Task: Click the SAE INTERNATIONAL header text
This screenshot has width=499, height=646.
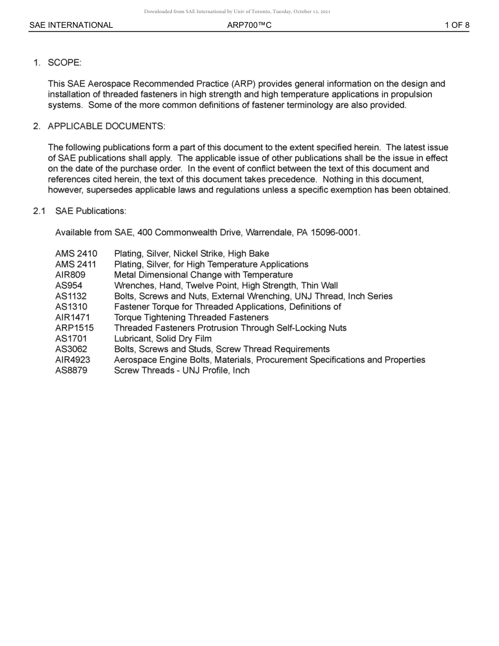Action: click(x=71, y=25)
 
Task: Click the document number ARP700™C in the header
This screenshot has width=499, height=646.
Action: click(x=250, y=25)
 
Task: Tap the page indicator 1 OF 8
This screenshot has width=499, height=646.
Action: click(x=456, y=25)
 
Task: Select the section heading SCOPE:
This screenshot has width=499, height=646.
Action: click(x=65, y=63)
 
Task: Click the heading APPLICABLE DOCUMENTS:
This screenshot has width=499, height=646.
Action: click(x=106, y=127)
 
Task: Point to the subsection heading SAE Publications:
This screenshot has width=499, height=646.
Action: click(x=90, y=211)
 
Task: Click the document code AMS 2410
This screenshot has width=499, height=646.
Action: click(x=76, y=254)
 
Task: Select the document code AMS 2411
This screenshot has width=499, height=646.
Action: click(x=76, y=264)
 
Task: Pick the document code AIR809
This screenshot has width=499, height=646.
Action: click(x=70, y=275)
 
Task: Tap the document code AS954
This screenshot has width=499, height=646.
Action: click(x=68, y=286)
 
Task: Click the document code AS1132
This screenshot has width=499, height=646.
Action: click(x=71, y=296)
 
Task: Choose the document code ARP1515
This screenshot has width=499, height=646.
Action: click(x=74, y=328)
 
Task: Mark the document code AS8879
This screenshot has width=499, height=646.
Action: click(x=71, y=370)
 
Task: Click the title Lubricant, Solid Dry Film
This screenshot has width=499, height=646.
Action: click(x=163, y=339)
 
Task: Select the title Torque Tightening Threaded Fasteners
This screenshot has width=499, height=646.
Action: click(x=191, y=317)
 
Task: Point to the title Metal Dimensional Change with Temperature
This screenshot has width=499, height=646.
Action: click(x=203, y=275)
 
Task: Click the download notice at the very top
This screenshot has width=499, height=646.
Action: click(x=237, y=12)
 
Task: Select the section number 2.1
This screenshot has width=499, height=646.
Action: click(x=39, y=211)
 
